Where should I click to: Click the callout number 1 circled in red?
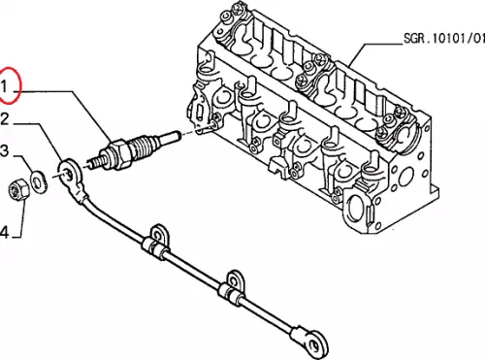pos(4,87)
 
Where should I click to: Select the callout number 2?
pos(4,119)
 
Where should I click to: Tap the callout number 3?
pos(5,150)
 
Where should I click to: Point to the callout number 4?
pos(4,232)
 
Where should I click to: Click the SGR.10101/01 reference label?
pos(444,39)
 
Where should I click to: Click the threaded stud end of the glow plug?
pos(94,162)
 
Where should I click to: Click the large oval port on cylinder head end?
pos(356,205)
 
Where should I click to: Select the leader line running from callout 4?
pos(22,218)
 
